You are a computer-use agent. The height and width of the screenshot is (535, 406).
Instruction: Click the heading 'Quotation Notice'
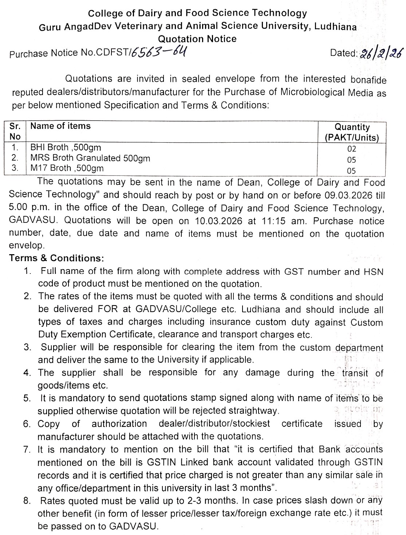[197, 39]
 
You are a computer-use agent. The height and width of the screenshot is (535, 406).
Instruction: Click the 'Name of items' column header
[60, 126]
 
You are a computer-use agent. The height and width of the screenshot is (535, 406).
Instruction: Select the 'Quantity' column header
[352, 127]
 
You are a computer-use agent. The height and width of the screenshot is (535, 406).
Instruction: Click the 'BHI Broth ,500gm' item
[66, 147]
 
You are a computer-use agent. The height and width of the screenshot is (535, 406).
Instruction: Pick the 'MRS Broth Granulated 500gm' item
[90, 158]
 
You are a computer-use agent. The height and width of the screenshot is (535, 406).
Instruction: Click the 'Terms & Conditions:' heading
[56, 258]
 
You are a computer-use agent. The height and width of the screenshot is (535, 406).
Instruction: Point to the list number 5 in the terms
[27, 398]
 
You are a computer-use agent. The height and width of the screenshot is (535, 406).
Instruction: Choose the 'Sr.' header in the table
[15, 126]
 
